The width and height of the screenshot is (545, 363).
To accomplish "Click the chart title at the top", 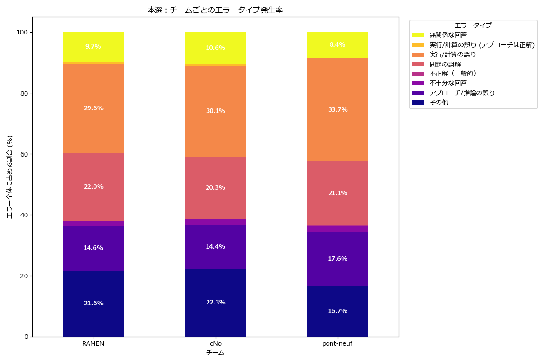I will [215, 10].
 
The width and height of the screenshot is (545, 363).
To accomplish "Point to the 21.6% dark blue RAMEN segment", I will [93, 313].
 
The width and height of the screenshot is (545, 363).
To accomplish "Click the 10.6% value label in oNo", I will [215, 48].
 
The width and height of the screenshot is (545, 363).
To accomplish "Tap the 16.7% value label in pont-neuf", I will [337, 311].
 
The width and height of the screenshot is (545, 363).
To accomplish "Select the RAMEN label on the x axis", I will [93, 344].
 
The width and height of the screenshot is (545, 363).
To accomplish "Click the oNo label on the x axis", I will [215, 344].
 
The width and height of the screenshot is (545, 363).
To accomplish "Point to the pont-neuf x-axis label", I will [337, 344].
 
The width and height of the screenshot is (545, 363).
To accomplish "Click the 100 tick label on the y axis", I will [22, 33].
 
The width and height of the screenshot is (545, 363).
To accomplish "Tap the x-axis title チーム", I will [215, 353].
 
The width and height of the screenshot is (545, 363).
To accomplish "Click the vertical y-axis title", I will [10, 177].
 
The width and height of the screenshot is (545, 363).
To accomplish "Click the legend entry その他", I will [438, 103].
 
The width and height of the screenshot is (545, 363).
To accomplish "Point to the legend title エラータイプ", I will [473, 25].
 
